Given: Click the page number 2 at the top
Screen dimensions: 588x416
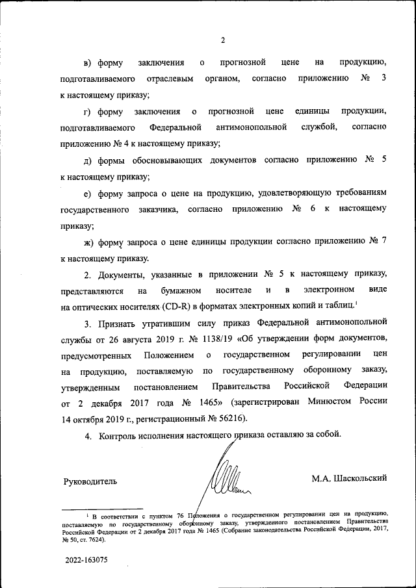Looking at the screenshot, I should [x=222, y=40].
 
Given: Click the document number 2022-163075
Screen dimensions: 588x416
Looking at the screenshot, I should [x=86, y=559].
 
